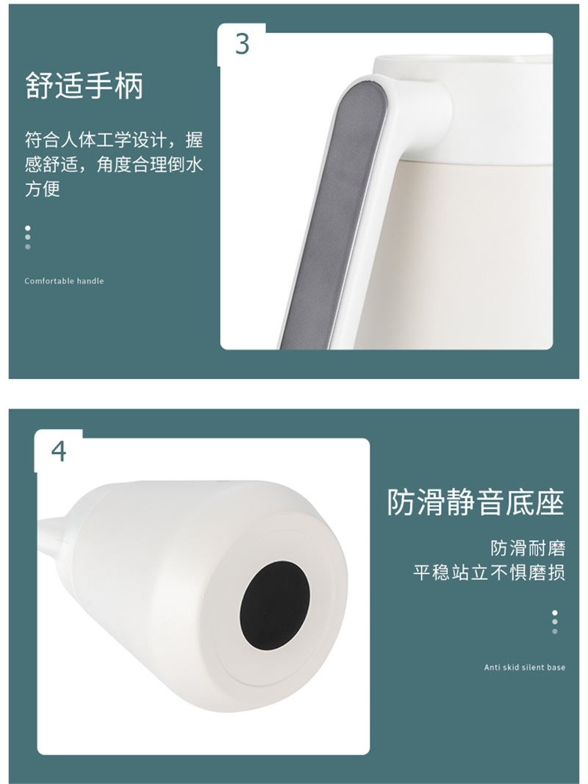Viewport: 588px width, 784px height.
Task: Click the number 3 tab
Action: [242, 44]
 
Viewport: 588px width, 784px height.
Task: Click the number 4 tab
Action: [59, 451]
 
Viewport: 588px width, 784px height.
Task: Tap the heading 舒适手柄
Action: [85, 85]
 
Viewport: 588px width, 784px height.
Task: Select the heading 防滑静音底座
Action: [476, 502]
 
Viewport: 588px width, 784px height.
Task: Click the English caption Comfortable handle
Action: [64, 281]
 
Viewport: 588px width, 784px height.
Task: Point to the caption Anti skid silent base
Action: [525, 667]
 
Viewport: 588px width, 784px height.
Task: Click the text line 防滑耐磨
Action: [528, 548]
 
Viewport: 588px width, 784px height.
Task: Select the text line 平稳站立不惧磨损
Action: [489, 572]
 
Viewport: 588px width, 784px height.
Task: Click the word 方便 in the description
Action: [43, 189]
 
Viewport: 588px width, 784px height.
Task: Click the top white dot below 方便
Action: [27, 228]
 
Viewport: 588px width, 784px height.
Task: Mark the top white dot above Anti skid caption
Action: [554, 613]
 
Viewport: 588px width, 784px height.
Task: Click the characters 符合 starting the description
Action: [43, 140]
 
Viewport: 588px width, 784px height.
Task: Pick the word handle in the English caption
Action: [90, 281]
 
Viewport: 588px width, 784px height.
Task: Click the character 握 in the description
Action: [195, 140]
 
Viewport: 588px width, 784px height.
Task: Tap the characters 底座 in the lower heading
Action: [535, 502]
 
